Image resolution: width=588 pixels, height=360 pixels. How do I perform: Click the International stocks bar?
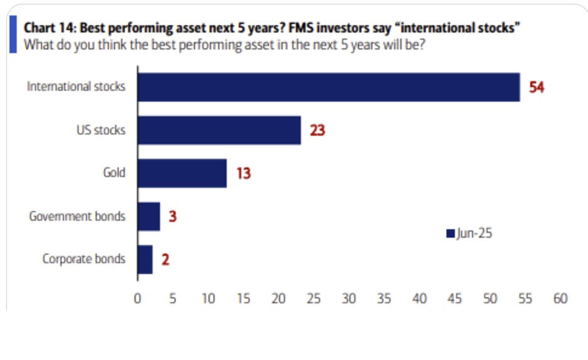(x=329, y=87)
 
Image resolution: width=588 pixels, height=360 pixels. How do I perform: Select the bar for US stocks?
(x=219, y=131)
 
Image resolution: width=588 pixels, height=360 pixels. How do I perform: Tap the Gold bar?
(x=182, y=173)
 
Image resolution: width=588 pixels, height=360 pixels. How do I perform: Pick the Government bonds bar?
(x=148, y=216)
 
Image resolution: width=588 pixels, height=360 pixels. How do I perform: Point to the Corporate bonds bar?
(x=144, y=259)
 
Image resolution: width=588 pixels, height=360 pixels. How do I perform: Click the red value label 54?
(x=536, y=87)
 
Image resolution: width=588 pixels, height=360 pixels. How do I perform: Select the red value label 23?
(x=317, y=131)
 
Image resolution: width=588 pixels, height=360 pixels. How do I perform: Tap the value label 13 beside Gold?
(x=243, y=173)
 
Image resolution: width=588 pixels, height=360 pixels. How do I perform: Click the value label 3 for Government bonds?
(x=173, y=216)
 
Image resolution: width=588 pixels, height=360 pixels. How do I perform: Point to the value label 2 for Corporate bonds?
(x=165, y=259)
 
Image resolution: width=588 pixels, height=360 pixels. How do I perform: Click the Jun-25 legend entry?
(x=469, y=234)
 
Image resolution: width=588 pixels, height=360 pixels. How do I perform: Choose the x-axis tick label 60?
(x=560, y=299)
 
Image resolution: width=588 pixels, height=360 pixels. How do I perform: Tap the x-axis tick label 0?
(x=137, y=299)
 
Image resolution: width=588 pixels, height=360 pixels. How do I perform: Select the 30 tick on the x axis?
(x=349, y=299)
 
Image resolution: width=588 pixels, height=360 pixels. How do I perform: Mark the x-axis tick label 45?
(x=454, y=299)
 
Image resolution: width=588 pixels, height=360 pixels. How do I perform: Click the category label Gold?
(x=114, y=173)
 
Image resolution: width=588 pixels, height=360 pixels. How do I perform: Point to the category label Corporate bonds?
(x=84, y=259)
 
